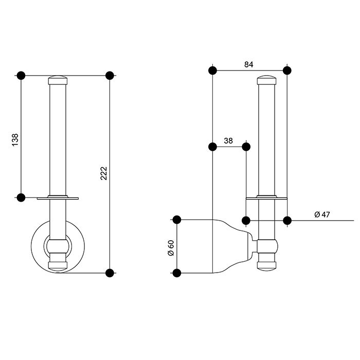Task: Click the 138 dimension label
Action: click(x=15, y=140)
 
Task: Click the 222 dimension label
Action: click(x=104, y=173)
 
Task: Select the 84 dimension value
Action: click(x=248, y=64)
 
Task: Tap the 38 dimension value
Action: click(x=228, y=140)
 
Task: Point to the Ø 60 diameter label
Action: click(x=171, y=248)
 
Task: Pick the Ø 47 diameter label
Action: click(x=322, y=214)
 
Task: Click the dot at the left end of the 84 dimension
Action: click(x=212, y=70)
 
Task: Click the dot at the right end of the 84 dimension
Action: click(x=287, y=70)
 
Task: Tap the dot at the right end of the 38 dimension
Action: click(x=246, y=147)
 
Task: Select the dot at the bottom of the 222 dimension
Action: click(x=110, y=273)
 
